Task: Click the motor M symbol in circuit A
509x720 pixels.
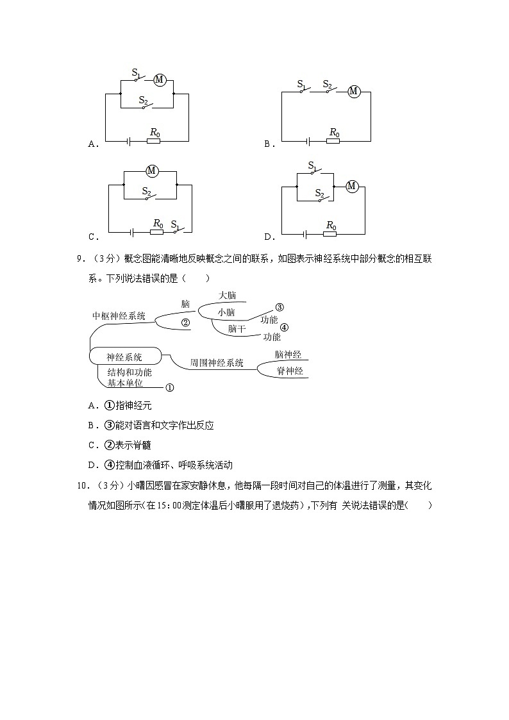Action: (160, 80)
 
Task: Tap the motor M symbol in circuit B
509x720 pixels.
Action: (353, 91)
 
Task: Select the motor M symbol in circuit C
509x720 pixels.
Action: (152, 171)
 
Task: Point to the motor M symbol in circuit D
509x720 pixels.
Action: (351, 186)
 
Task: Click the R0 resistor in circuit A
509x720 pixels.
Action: (154, 140)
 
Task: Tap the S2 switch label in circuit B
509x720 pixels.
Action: (327, 84)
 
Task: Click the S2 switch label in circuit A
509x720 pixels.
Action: (144, 100)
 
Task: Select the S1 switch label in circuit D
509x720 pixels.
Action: (312, 167)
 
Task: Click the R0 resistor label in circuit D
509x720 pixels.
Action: (331, 225)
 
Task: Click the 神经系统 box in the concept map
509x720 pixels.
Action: (124, 357)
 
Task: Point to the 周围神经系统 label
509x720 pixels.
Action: (217, 363)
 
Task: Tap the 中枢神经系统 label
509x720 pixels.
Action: (119, 315)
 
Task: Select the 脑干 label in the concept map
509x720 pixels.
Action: (237, 328)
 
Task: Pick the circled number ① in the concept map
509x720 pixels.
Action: (170, 387)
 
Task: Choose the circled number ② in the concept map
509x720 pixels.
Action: (185, 322)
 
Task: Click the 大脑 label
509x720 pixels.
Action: (228, 296)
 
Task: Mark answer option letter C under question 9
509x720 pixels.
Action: (92, 445)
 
